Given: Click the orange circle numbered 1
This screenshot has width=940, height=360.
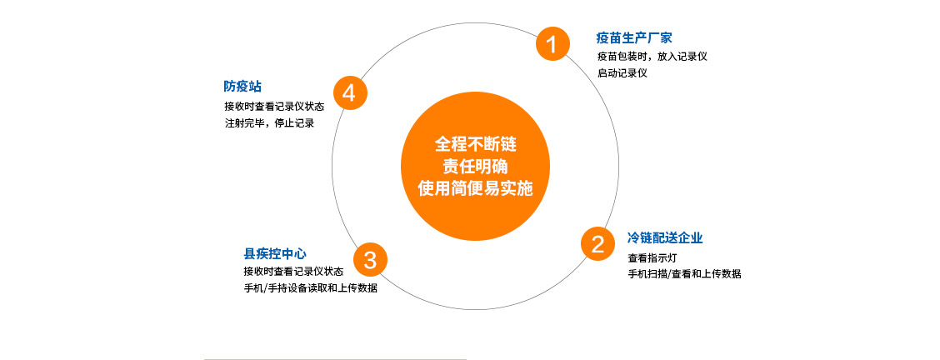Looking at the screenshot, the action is pyautogui.click(x=552, y=43).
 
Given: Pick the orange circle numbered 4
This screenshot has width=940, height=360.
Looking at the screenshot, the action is pyautogui.click(x=349, y=92).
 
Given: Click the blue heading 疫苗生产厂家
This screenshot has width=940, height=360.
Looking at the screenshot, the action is pyautogui.click(x=633, y=38).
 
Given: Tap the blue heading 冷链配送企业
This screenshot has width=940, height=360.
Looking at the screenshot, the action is pyautogui.click(x=665, y=237).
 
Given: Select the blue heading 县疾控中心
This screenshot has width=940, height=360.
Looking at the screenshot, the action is pyautogui.click(x=275, y=253).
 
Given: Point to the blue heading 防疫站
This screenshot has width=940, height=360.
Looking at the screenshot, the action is pyautogui.click(x=242, y=87).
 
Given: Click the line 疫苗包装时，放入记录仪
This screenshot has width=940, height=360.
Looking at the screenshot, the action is pyautogui.click(x=652, y=57).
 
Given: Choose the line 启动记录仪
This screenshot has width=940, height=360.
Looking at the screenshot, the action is pyautogui.click(x=622, y=73).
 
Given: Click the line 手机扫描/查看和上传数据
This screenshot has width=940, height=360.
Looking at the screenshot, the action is pyautogui.click(x=684, y=273).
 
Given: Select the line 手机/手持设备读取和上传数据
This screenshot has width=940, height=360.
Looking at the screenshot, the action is pyautogui.click(x=310, y=287).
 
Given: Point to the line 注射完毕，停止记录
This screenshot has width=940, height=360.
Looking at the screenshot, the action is pyautogui.click(x=268, y=123).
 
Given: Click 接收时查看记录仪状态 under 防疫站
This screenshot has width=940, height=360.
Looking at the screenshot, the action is pyautogui.click(x=274, y=107).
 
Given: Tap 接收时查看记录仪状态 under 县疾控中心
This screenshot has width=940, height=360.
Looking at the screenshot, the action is pyautogui.click(x=293, y=272).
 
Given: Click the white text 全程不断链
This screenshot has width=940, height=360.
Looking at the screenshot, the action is pyautogui.click(x=475, y=146).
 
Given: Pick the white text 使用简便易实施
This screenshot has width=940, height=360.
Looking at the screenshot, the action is pyautogui.click(x=475, y=188).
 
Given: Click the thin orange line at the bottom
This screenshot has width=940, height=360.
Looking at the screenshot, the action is pyautogui.click(x=334, y=359).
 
